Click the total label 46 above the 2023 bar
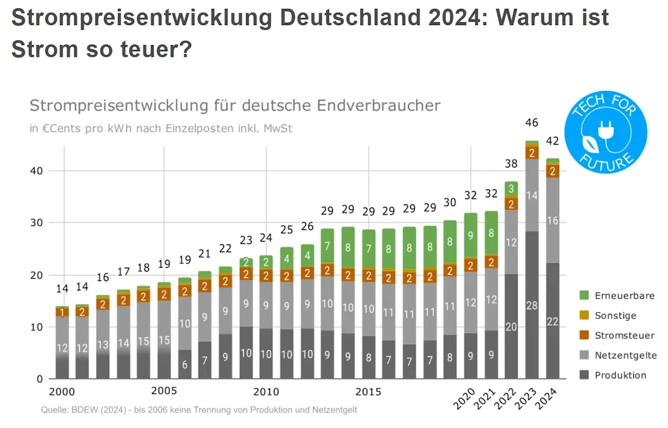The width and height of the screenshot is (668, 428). [x=532, y=123]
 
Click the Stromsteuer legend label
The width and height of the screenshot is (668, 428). [x=625, y=335]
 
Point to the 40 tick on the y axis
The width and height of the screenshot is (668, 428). [x=37, y=171]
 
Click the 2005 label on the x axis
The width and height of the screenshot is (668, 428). [x=164, y=391]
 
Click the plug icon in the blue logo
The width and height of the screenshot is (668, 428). [x=603, y=130]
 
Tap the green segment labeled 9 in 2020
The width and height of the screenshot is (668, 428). [x=471, y=235]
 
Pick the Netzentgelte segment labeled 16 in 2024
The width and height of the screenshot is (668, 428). [x=552, y=221]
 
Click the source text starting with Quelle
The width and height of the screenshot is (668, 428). [x=199, y=410]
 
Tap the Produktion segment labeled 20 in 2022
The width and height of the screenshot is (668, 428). [x=511, y=327]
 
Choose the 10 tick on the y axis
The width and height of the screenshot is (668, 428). [x=37, y=327]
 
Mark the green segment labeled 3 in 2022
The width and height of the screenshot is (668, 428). [x=511, y=188]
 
